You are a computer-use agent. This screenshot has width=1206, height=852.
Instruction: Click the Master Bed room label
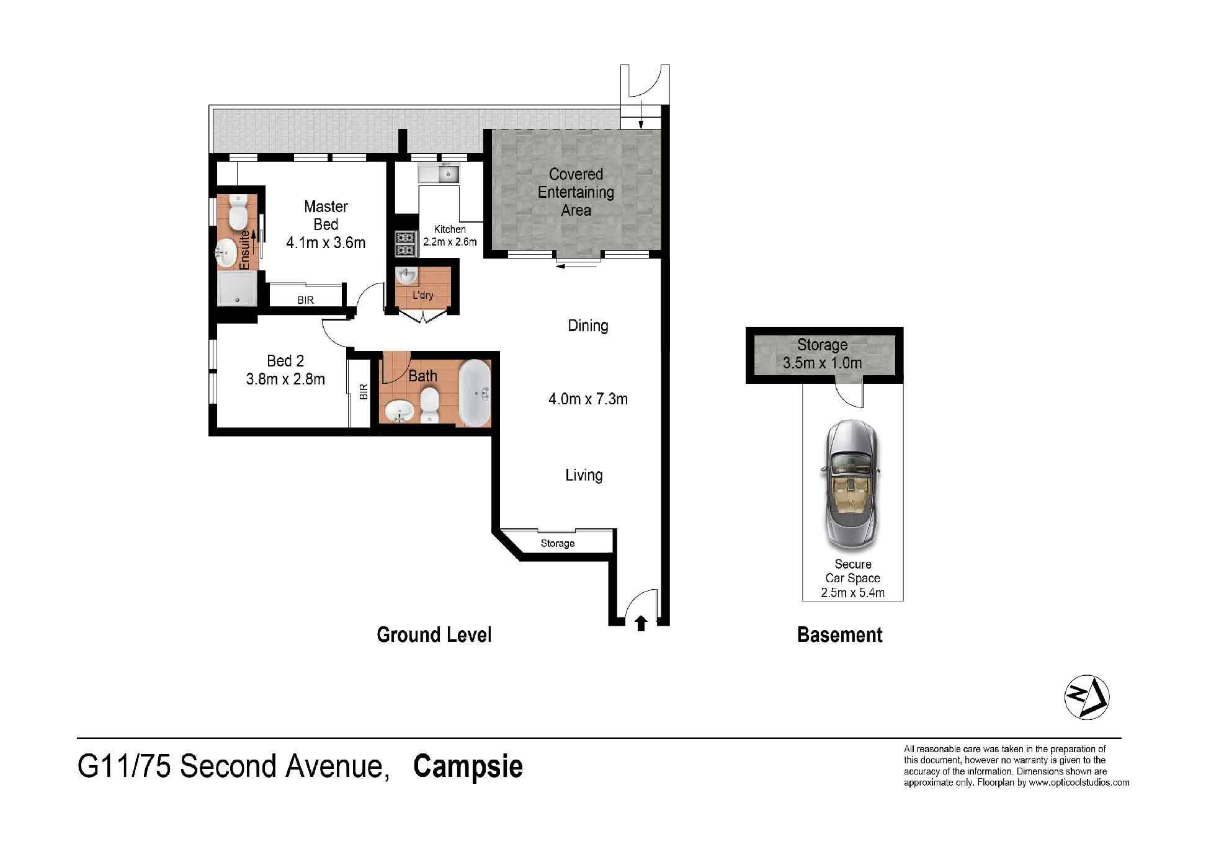[x=326, y=215]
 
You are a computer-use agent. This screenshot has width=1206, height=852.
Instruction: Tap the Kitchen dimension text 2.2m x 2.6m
[x=450, y=242]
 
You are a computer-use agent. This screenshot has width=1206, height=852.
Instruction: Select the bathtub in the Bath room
[x=475, y=393]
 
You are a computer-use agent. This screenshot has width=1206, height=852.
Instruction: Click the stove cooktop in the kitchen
[x=405, y=243]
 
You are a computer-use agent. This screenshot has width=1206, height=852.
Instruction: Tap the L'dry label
[x=423, y=295]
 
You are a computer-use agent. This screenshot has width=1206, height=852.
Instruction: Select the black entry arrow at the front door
[x=641, y=623]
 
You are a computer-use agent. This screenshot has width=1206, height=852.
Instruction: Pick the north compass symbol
[x=1087, y=698]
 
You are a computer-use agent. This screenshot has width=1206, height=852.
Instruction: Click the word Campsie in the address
[x=468, y=766]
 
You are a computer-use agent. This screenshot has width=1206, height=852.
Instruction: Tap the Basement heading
[x=839, y=635]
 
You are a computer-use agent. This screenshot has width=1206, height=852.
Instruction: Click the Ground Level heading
[x=434, y=635]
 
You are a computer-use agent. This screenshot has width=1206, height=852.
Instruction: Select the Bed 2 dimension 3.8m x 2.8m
[x=285, y=379]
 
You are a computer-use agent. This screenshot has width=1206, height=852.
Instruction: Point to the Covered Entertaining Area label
[x=576, y=192]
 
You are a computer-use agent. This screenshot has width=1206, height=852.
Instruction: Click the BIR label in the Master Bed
[x=306, y=300]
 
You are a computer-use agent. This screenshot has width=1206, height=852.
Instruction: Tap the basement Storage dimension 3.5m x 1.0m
[x=823, y=363]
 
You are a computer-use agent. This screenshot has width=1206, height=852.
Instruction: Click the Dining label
[x=588, y=326]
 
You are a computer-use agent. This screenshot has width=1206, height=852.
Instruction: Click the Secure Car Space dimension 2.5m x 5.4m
[x=853, y=593]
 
